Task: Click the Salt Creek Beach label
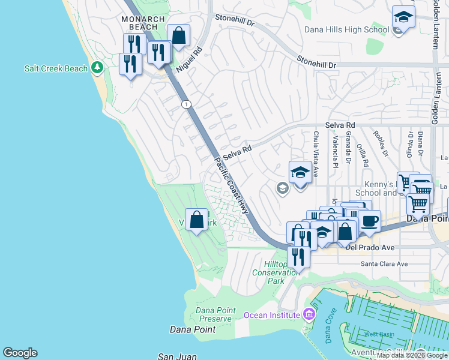[56, 68]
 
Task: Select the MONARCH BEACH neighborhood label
[143, 23]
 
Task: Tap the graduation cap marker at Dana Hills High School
[404, 17]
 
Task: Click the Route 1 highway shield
[186, 104]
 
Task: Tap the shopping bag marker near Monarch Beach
[178, 35]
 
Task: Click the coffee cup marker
[370, 221]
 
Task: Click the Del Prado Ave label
[370, 247]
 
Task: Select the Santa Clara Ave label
[384, 263]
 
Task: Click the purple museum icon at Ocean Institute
[309, 314]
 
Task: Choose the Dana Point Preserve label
[205, 314]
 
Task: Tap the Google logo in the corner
[20, 353]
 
